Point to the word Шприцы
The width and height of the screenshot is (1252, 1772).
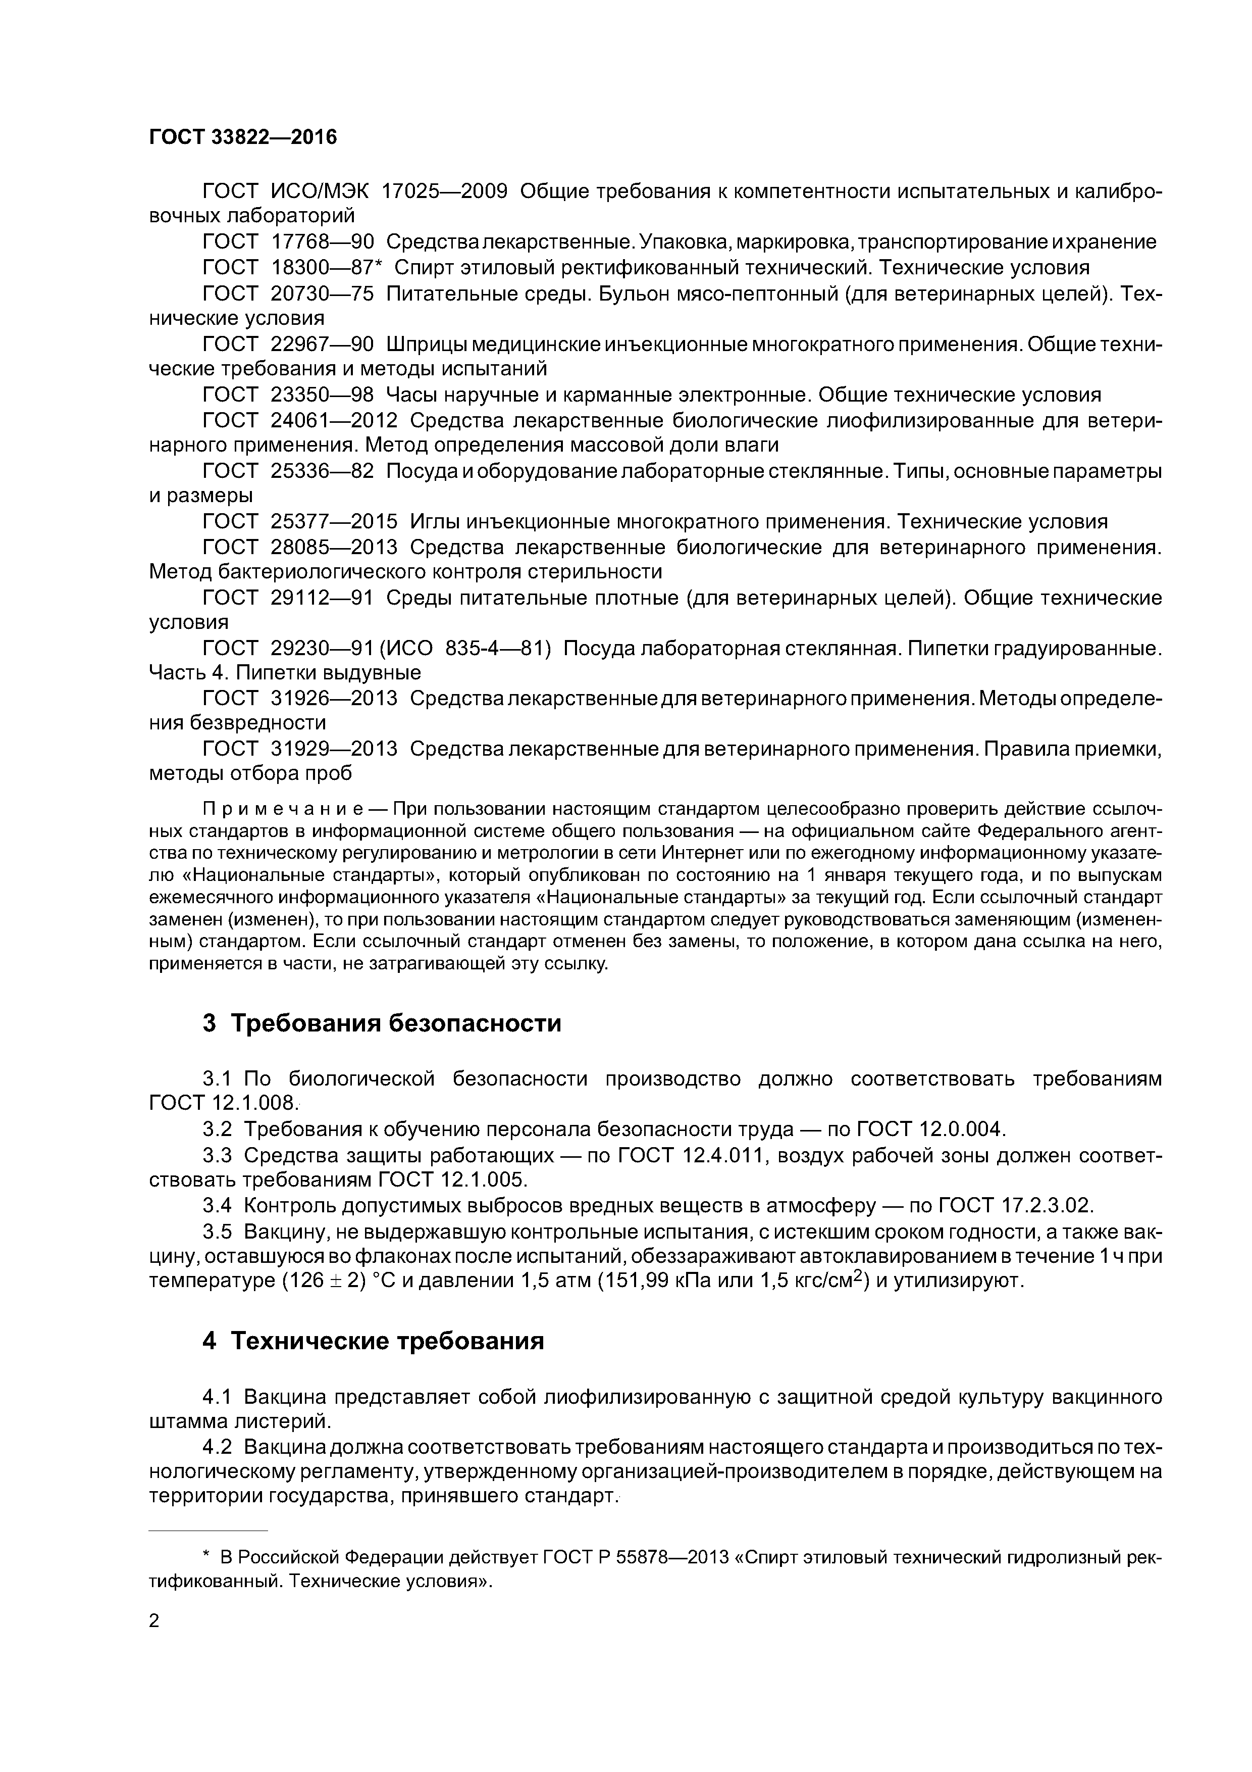tap(424, 344)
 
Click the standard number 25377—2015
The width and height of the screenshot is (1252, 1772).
tap(334, 522)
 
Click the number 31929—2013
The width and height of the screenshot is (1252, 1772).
tap(334, 749)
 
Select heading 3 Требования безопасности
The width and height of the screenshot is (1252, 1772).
tap(381, 1023)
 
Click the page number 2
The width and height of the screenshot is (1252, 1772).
tap(153, 1621)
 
